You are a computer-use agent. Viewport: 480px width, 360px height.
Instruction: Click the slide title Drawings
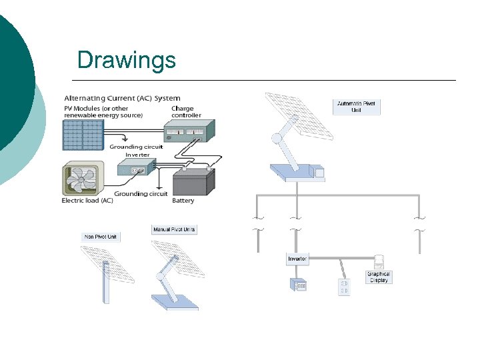point(127,60)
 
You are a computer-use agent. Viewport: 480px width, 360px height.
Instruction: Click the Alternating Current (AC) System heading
point(122,98)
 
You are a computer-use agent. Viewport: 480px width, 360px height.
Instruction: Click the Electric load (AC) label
point(87,201)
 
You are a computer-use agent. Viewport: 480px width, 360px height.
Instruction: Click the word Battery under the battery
point(183,201)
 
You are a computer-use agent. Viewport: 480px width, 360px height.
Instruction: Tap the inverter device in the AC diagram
point(136,169)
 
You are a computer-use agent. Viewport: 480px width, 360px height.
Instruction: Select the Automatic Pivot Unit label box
point(356,107)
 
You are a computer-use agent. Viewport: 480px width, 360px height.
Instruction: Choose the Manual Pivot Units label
point(174,230)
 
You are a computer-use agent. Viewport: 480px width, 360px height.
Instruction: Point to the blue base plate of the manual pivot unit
point(175,301)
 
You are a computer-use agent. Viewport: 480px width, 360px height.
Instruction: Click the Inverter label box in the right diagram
point(297,259)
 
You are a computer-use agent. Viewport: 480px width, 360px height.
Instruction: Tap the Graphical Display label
point(379,277)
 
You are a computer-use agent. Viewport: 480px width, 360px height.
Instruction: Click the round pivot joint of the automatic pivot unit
point(276,139)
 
